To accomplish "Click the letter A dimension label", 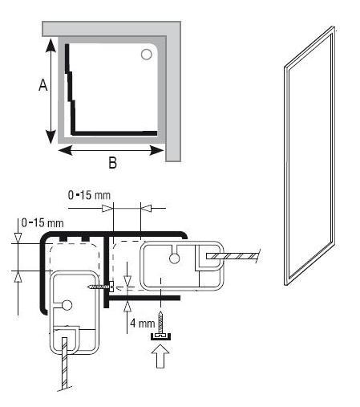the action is coord(43,85).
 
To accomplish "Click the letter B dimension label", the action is coord(113,162).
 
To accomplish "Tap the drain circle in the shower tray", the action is coord(147,55).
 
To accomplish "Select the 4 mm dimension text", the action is coord(143,324).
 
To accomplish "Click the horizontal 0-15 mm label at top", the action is coord(89,195).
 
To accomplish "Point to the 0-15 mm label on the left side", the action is coord(42,223).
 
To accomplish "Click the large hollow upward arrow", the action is coord(160,356).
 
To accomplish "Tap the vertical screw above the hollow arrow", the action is coord(160,322).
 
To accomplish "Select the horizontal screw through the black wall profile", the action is coord(101,287).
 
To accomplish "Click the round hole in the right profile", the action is coord(174,258).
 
